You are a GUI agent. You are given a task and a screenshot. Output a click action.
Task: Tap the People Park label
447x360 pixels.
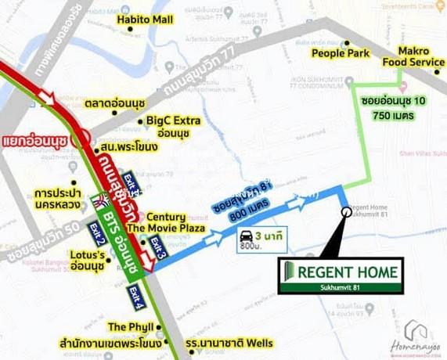[341, 53]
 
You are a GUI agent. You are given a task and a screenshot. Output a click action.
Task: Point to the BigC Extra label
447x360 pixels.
[173, 127]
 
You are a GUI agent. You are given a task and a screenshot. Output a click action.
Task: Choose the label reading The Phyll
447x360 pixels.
[128, 326]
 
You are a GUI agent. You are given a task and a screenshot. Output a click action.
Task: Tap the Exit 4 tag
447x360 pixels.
[135, 299]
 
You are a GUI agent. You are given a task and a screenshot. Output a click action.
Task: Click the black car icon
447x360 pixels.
[245, 235]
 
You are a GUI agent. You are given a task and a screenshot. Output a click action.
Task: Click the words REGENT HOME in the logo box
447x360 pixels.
[351, 272]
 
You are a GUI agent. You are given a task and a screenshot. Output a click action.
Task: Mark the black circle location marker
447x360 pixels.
[346, 211]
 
